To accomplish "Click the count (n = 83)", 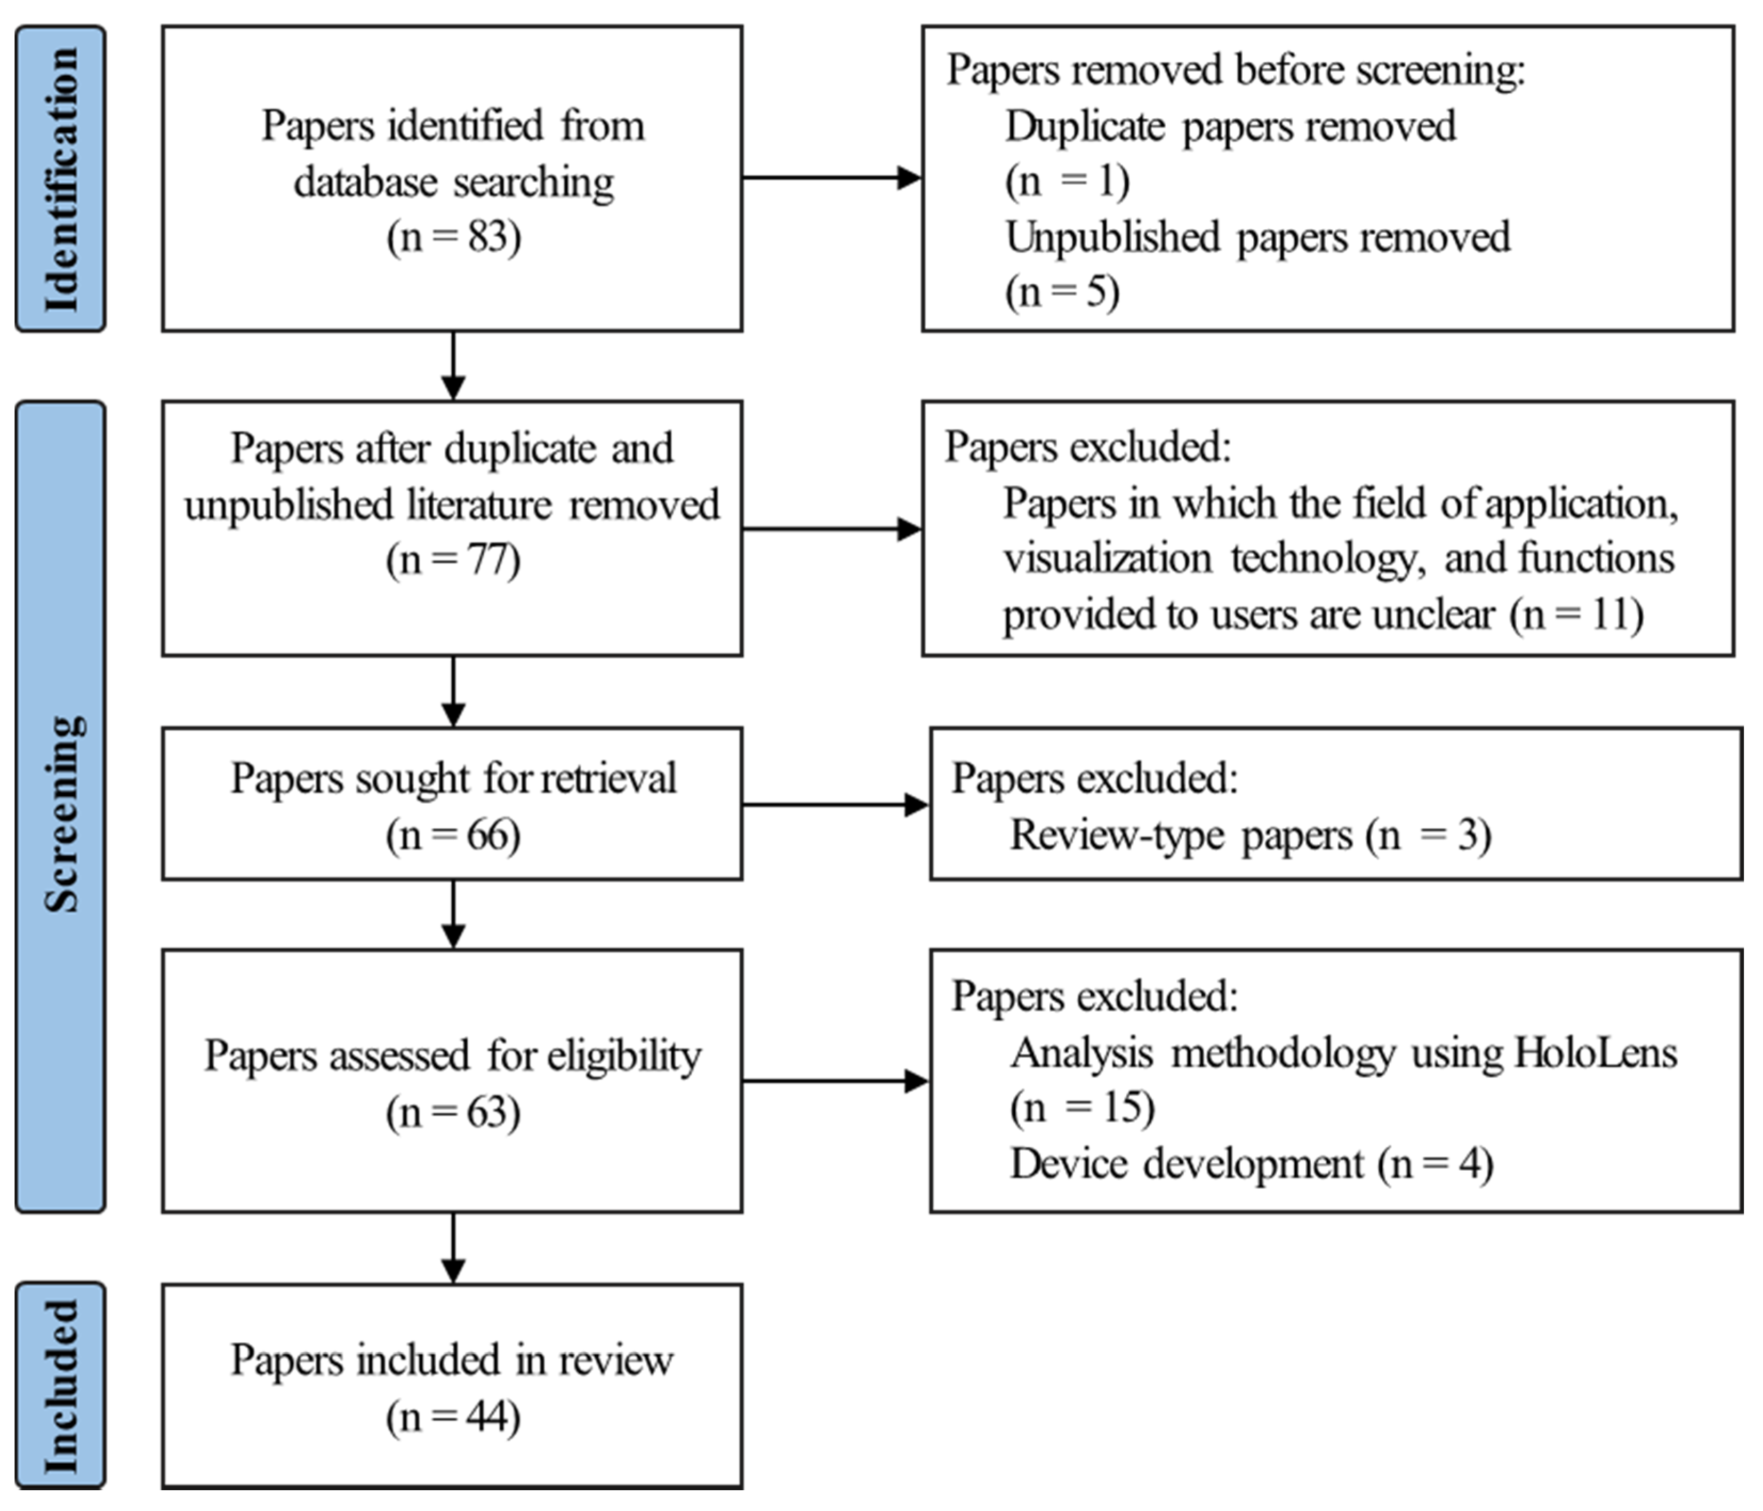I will coord(453,236).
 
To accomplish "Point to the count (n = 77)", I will coord(453,560).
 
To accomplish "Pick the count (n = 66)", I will coord(453,835).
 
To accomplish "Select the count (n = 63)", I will coord(453,1112).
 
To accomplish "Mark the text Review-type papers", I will coord(1180,835).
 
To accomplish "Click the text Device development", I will coord(1186,1164).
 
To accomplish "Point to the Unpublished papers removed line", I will coord(1257,236).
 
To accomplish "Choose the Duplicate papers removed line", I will coord(1230,126).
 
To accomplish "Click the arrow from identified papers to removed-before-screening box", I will coord(831,178).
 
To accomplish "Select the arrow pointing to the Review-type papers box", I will coord(835,804).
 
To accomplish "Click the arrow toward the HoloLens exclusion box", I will coord(835,1081).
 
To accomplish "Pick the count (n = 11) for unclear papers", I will coord(1577,614).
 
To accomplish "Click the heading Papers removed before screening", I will coord(1236,70).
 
